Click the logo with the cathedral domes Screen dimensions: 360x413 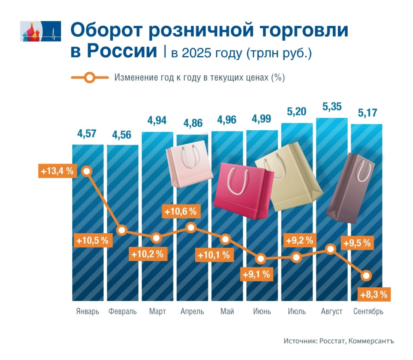click(40, 31)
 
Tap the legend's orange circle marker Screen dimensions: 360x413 click(90, 77)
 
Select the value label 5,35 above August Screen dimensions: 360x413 click(332, 107)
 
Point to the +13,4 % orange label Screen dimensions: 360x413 click(57, 171)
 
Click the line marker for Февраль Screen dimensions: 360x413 click(122, 230)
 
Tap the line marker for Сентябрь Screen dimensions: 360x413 click(366, 276)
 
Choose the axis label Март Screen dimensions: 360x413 click(157, 312)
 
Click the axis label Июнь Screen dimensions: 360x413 click(261, 312)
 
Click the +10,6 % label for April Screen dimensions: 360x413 click(181, 211)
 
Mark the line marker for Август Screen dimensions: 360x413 click(331, 249)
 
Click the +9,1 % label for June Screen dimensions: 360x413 click(256, 274)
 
